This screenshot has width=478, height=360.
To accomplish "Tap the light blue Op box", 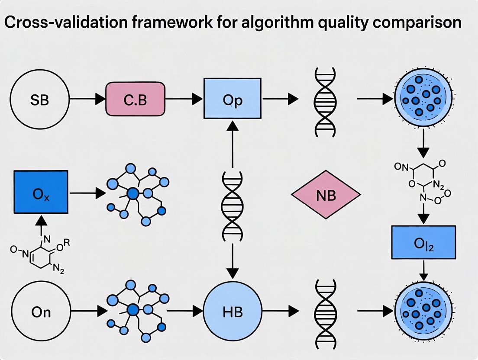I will pyautogui.click(x=233, y=99).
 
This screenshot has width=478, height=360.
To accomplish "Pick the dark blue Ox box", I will pyautogui.click(x=41, y=192).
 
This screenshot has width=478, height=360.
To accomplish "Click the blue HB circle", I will pyautogui.click(x=232, y=311).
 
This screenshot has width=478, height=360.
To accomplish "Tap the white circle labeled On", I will pyautogui.click(x=41, y=312).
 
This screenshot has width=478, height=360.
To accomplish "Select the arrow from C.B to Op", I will pyautogui.click(x=184, y=100).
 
